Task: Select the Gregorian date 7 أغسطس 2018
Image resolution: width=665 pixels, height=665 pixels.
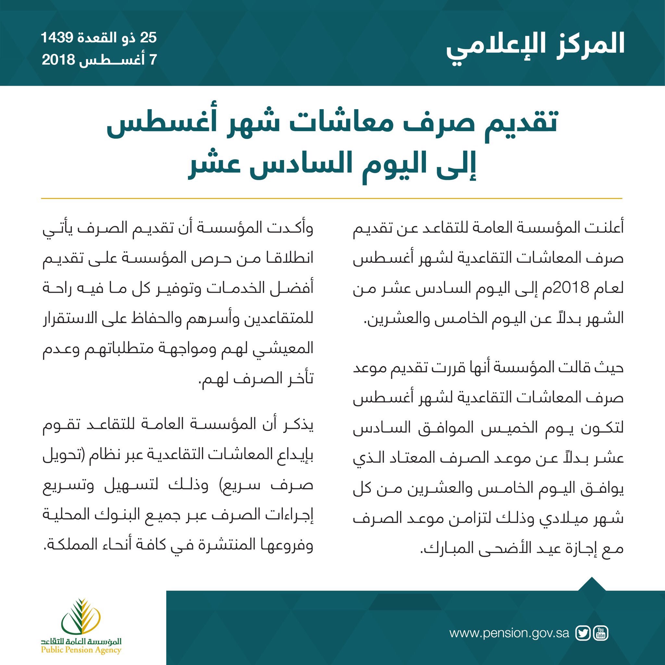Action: pos(99,60)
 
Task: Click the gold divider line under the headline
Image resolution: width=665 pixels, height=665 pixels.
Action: pos(332,199)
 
